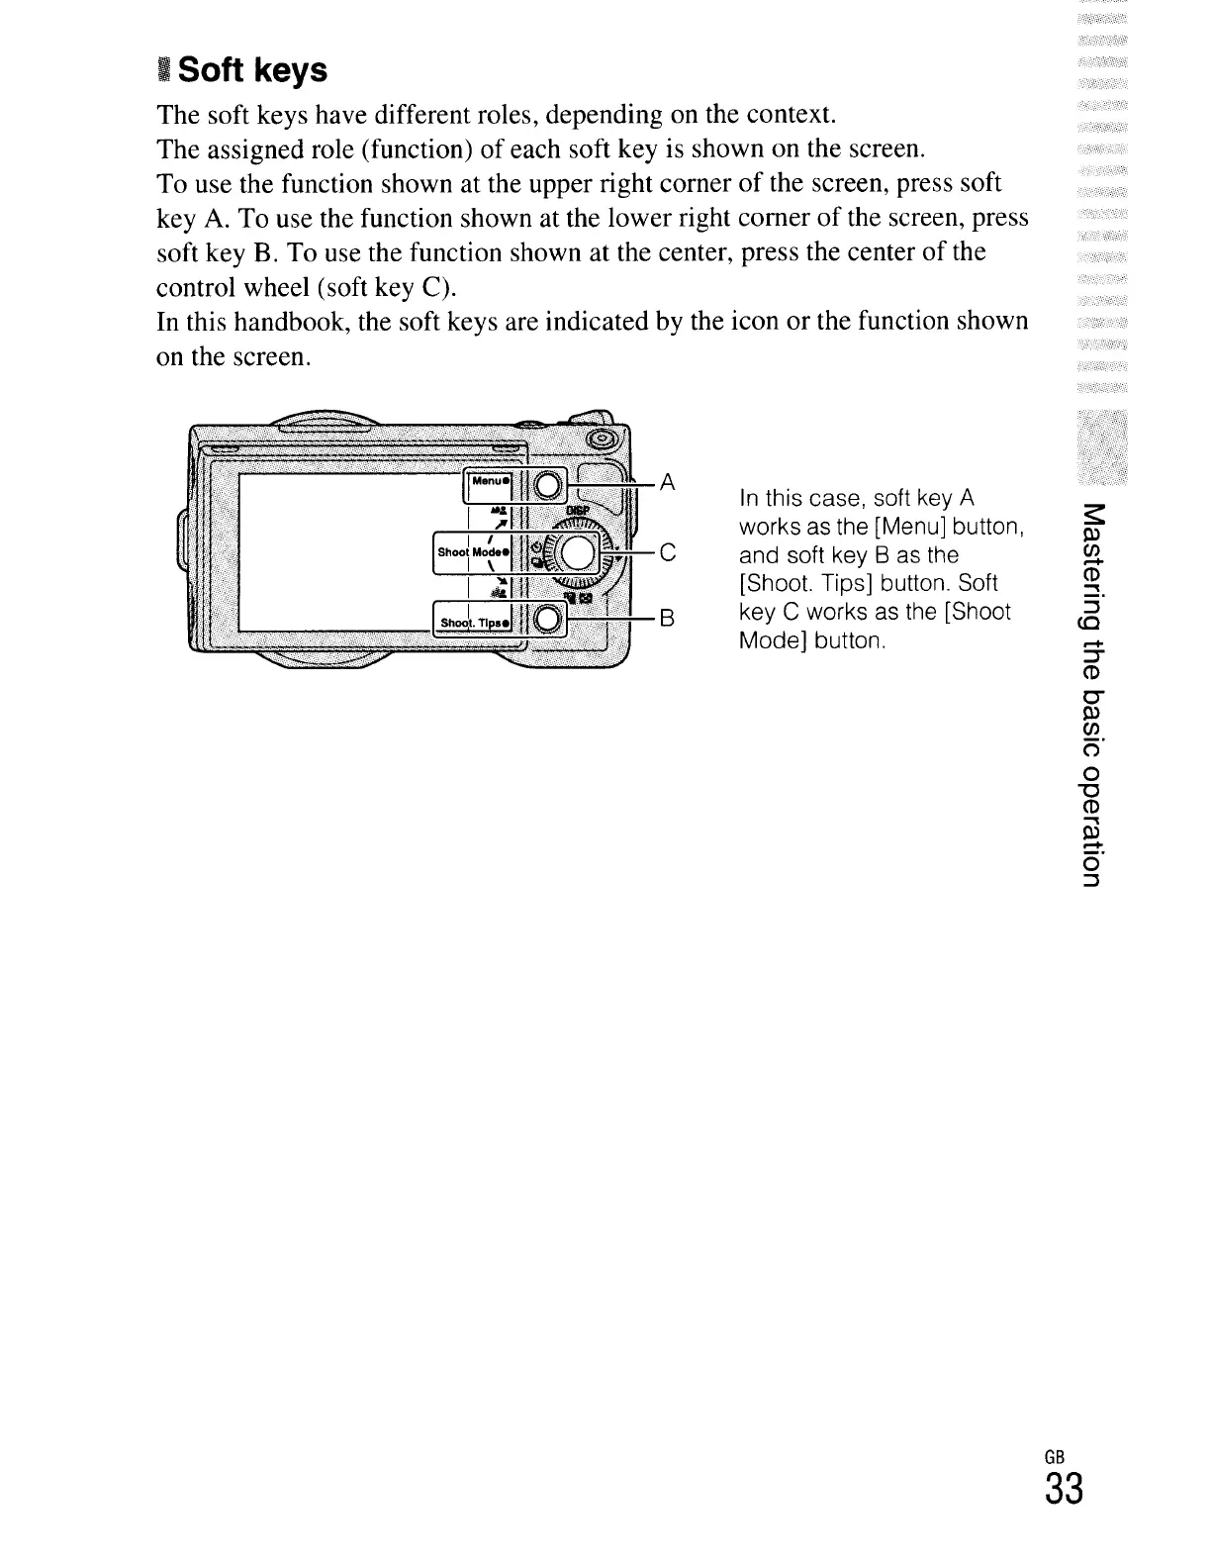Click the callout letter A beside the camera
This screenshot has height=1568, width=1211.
(667, 482)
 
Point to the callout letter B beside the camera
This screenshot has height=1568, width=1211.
(667, 620)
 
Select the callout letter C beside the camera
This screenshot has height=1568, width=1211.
(667, 553)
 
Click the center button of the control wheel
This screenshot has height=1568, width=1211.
(576, 552)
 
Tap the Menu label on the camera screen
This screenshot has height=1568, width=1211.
(490, 482)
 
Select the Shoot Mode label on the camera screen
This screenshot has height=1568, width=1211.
(473, 552)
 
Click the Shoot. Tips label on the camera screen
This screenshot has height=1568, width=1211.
(475, 622)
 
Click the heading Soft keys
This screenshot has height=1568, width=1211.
(252, 70)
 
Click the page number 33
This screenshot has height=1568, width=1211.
(1063, 1488)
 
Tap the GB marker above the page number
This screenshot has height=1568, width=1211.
(1054, 1456)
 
